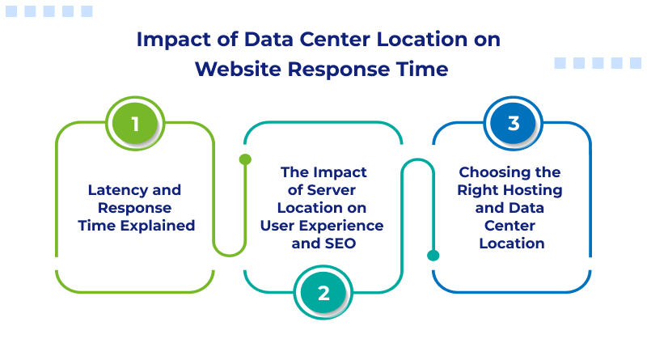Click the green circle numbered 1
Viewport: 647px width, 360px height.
tap(135, 124)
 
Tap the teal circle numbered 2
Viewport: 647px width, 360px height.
tap(323, 293)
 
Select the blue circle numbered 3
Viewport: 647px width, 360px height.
tap(513, 124)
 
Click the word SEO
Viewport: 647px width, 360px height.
tap(340, 242)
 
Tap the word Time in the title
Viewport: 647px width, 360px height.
tap(421, 70)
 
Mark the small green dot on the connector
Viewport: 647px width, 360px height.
tap(245, 159)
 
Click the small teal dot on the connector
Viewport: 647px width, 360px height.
tap(433, 255)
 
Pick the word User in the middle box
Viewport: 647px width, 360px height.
tap(277, 225)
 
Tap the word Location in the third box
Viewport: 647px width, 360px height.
tap(512, 243)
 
